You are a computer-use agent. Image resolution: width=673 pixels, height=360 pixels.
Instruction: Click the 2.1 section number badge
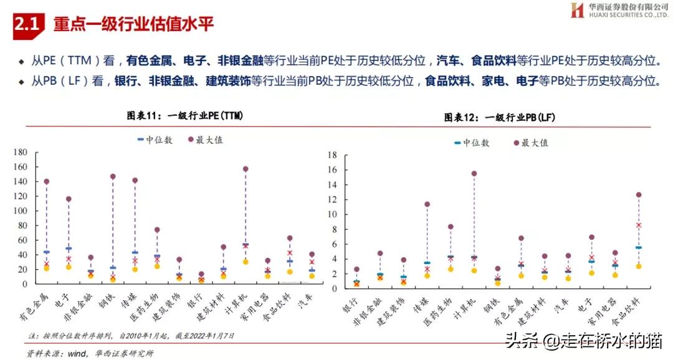[28, 24]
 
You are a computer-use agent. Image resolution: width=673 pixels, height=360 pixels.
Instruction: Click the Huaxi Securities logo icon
[577, 11]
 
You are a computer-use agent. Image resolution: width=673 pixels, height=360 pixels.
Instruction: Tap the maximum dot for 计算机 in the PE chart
[246, 169]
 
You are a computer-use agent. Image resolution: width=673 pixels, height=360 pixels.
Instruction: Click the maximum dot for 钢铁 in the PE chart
[113, 176]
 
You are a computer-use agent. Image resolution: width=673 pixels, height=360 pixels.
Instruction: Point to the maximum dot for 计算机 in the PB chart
[474, 174]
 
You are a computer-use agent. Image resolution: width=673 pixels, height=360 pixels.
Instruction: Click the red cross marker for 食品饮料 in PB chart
[639, 225]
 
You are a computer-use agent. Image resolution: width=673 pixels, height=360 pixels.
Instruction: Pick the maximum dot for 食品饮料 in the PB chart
[639, 195]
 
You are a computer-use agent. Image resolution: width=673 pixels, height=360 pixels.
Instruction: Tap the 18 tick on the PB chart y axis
[333, 155]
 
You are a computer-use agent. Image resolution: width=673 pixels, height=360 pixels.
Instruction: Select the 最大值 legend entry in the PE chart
[205, 140]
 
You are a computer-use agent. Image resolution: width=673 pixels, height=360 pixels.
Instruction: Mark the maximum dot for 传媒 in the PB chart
[427, 204]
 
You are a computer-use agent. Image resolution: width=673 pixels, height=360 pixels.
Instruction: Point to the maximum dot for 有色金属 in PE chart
[47, 182]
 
